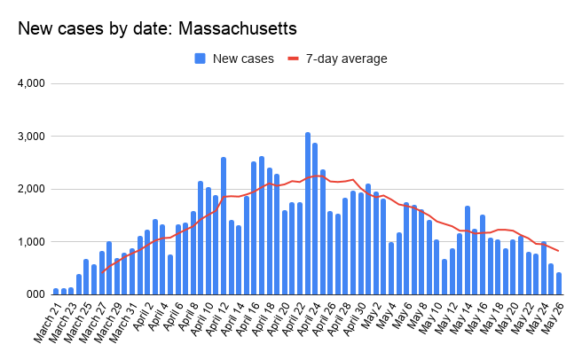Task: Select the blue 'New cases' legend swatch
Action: point(201,59)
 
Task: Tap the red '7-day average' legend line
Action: point(295,59)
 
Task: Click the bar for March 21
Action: point(56,291)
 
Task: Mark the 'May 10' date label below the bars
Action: point(428,319)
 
